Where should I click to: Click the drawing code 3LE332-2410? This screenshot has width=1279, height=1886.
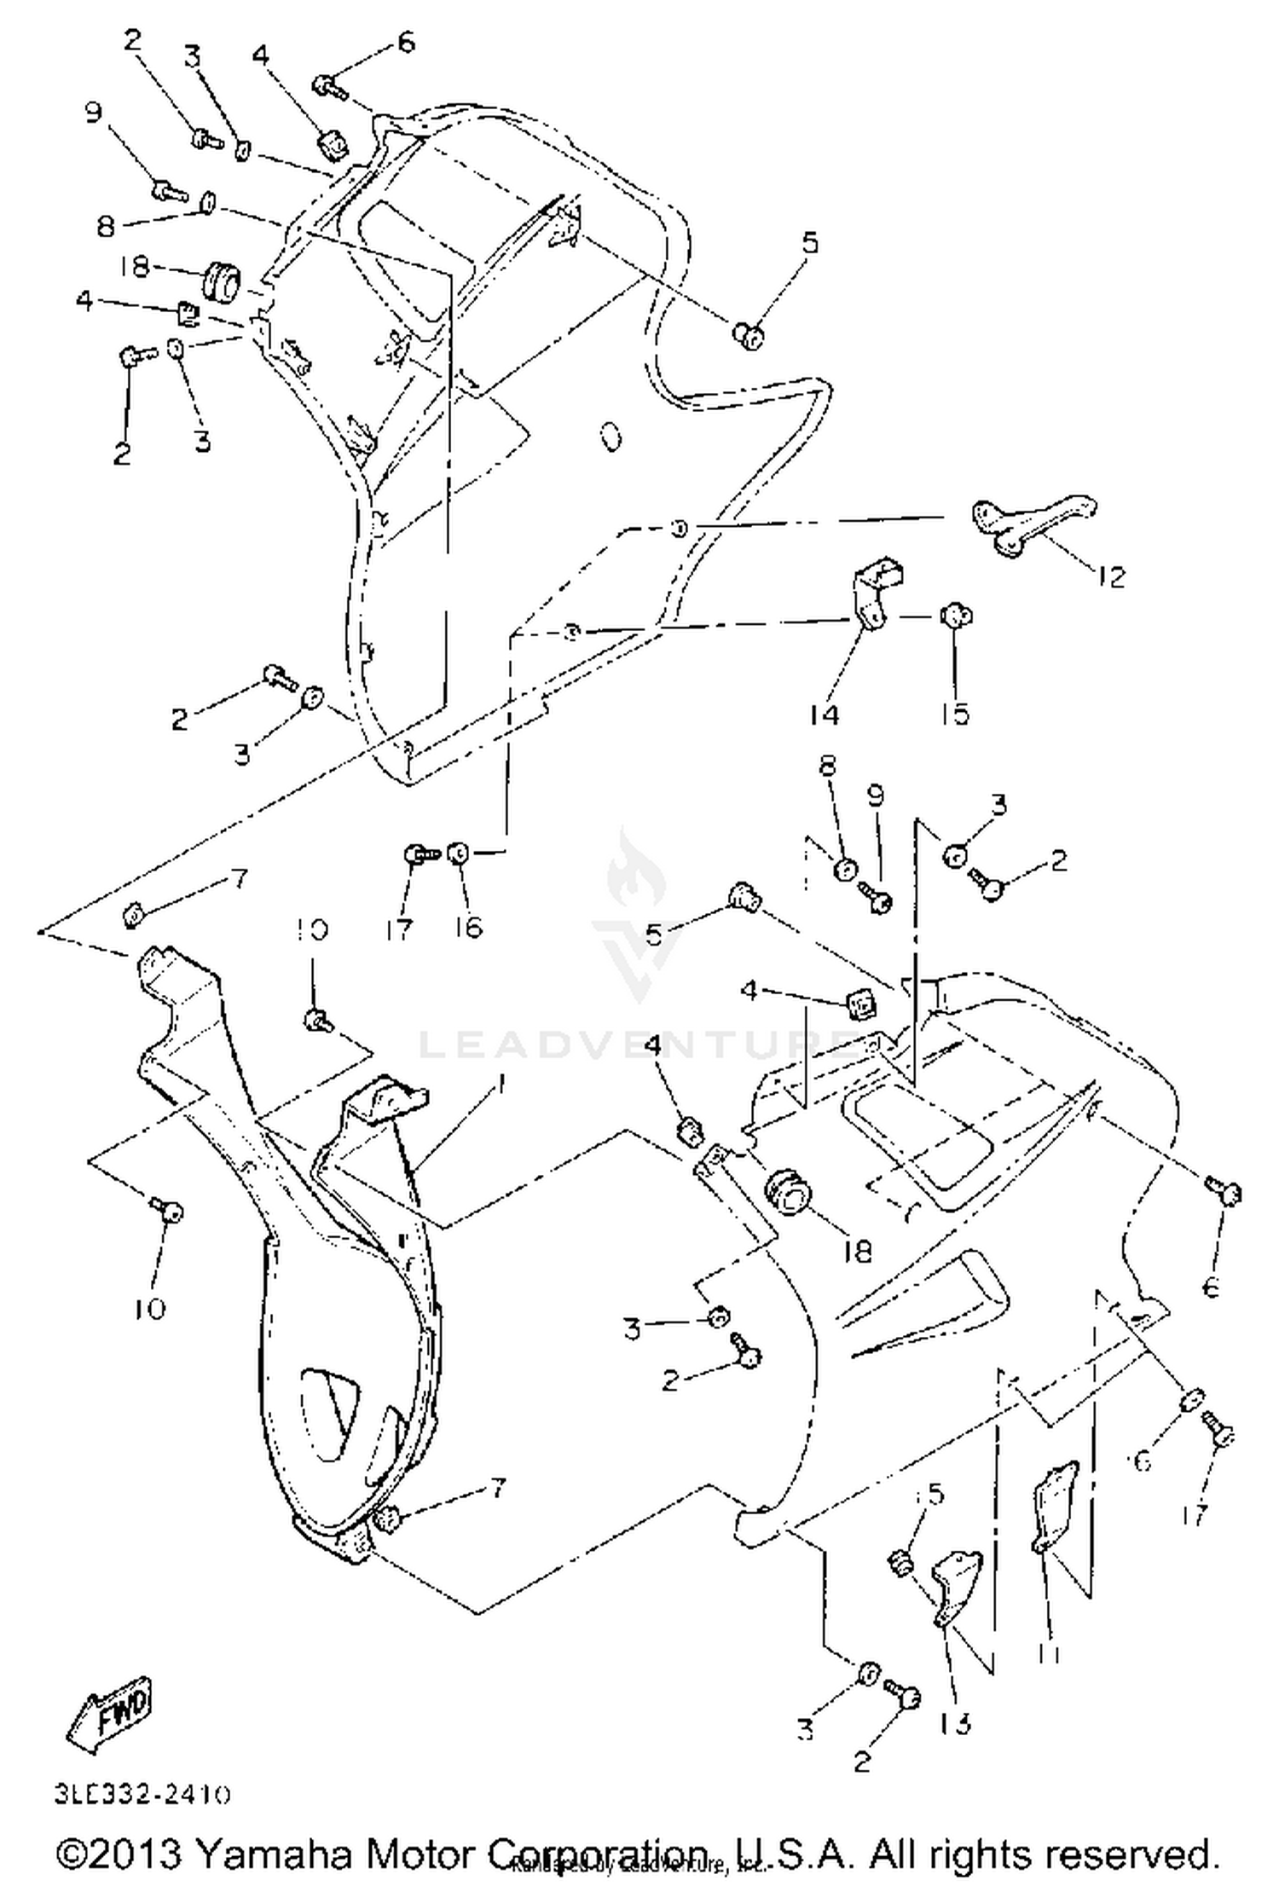pos(142,1793)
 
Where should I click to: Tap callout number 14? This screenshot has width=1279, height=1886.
pos(824,714)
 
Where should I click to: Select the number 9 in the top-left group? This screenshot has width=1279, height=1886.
pos(92,113)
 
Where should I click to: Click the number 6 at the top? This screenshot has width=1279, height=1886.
pos(406,41)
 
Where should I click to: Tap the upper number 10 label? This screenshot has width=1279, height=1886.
pos(312,929)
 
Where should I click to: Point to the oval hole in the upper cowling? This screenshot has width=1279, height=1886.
pos(611,437)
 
